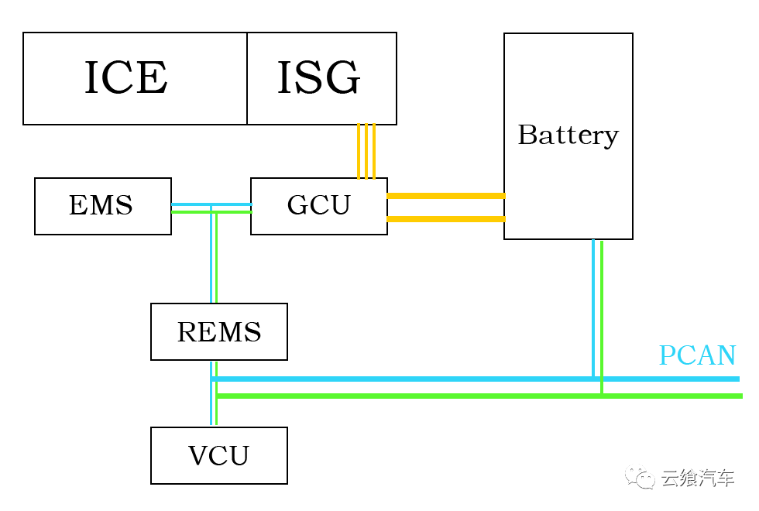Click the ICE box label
(126, 78)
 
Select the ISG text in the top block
(319, 78)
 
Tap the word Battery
(568, 135)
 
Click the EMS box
(102, 206)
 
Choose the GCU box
(318, 206)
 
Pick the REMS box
(219, 332)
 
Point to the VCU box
(219, 456)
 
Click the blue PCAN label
(697, 355)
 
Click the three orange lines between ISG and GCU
(366, 151)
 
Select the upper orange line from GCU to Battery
(445, 196)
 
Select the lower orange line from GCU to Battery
(445, 219)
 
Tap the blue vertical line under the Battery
(593, 310)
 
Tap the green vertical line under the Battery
(602, 310)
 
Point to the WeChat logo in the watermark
(640, 478)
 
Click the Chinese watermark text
(697, 478)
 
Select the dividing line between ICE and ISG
(247, 78)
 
